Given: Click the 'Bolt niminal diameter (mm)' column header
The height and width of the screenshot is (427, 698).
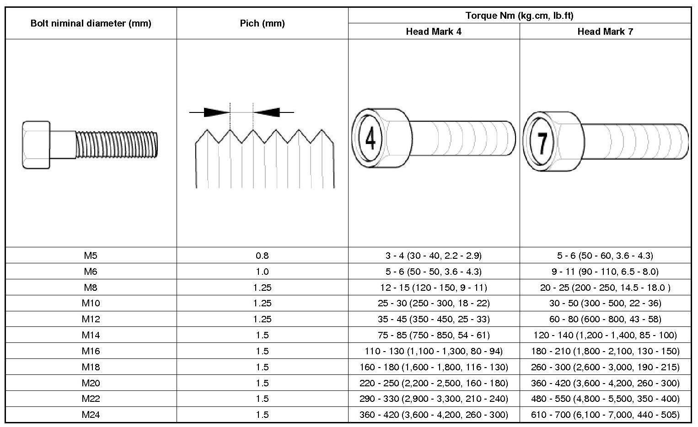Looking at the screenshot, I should click(x=91, y=23).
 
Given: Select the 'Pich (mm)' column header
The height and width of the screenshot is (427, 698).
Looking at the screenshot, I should click(x=262, y=23).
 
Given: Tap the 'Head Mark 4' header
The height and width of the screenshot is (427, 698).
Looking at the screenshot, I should click(x=433, y=32).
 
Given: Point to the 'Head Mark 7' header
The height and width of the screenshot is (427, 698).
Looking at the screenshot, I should click(x=605, y=32).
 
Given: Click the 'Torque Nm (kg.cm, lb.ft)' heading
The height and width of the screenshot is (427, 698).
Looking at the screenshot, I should click(x=519, y=16).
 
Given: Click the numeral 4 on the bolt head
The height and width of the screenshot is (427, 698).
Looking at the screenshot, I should click(x=370, y=139).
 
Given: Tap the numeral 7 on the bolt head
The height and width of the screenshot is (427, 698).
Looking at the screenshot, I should click(x=542, y=142).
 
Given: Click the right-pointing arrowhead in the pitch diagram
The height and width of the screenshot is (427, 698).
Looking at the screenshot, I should click(x=216, y=112).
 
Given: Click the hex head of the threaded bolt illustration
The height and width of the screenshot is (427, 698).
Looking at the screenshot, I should click(x=36, y=145).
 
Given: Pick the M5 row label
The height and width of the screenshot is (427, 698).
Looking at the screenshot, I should click(x=91, y=256).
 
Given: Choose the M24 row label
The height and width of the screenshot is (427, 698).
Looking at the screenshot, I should click(x=91, y=415).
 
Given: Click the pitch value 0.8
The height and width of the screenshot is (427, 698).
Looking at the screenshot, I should click(x=262, y=256).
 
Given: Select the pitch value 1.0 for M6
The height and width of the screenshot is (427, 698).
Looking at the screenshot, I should click(x=262, y=272).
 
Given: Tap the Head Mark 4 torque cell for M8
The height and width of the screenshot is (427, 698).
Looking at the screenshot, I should click(x=433, y=288).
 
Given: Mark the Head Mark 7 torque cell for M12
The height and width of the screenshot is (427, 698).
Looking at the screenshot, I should click(x=605, y=319).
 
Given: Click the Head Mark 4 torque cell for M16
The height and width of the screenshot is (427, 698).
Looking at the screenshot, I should click(x=433, y=351).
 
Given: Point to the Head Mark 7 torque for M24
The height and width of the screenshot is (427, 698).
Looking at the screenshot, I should click(x=605, y=415).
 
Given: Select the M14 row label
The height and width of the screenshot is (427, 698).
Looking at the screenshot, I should click(x=91, y=335).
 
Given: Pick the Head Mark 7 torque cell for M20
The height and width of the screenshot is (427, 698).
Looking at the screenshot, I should click(x=605, y=383).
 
